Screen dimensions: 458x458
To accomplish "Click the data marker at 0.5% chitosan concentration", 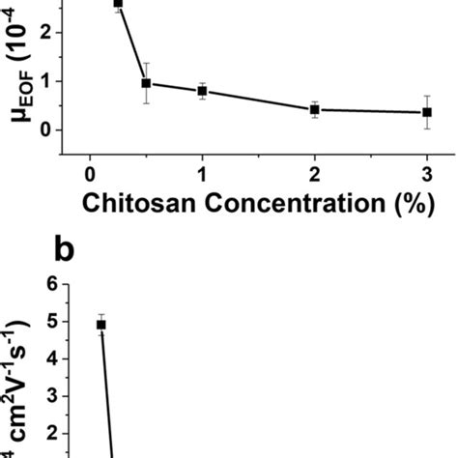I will pos(146,83).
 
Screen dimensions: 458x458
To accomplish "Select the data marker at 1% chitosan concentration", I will pos(202,91).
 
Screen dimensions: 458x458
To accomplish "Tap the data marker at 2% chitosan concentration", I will pos(314,110).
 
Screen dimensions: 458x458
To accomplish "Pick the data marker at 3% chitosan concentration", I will pos(426,112).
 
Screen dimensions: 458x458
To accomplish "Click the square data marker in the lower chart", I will pos(100,325).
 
